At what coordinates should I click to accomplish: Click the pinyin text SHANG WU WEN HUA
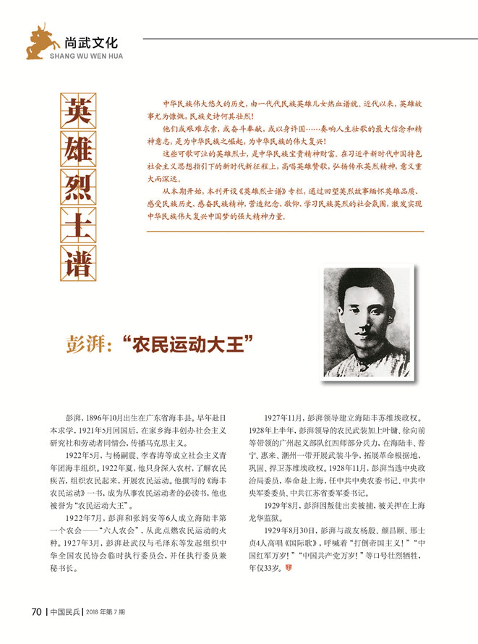(86, 56)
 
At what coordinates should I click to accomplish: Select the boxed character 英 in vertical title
(76, 111)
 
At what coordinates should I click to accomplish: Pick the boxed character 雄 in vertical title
(76, 153)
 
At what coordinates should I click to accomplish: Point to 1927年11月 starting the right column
(285, 418)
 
